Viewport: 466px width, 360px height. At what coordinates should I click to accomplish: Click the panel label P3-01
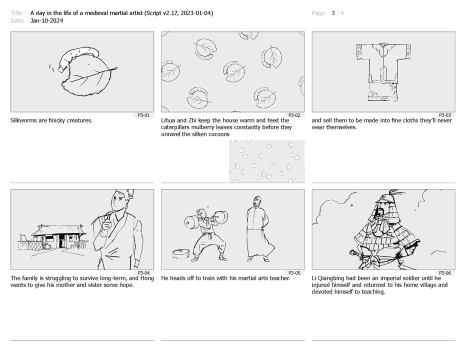point(143,115)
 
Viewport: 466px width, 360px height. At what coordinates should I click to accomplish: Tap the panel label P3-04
point(143,273)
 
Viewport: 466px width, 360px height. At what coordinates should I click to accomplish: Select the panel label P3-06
point(445,273)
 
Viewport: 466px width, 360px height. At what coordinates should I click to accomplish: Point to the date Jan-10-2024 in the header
point(46,20)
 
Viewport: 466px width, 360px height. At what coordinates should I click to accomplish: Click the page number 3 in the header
point(333,13)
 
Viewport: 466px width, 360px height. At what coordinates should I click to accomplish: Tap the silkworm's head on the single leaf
point(61,69)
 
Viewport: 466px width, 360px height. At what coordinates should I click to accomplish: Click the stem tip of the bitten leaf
point(116,68)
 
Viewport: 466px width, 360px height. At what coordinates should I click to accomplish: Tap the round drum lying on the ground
point(180,254)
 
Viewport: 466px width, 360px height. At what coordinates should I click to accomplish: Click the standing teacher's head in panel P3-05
point(257,202)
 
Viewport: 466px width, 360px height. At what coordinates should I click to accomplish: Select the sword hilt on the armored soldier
point(355,255)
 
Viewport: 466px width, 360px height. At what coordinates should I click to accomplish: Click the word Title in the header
point(16,13)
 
